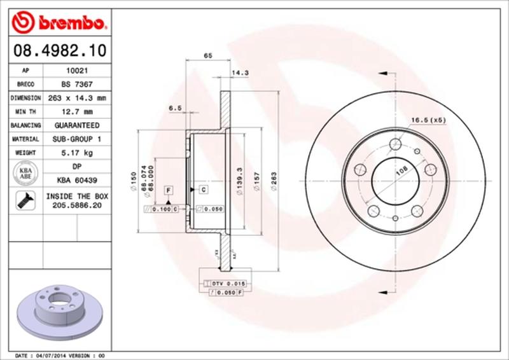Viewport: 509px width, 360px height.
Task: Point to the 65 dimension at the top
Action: [x=207, y=57]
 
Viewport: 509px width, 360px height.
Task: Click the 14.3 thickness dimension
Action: [x=240, y=74]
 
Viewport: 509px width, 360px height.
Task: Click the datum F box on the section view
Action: [x=169, y=190]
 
